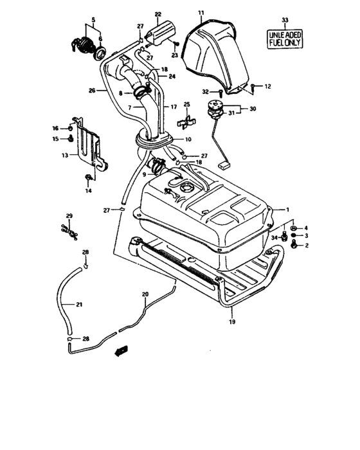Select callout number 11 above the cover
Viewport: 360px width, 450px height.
201,13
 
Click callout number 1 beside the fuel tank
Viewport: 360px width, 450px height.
288,209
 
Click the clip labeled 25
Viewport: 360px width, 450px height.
186,120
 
